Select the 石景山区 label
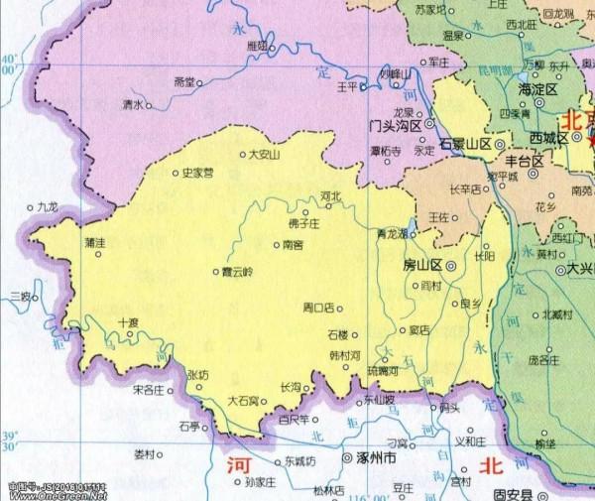click(x=465, y=144)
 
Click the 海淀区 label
click(x=538, y=89)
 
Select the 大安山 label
click(x=264, y=154)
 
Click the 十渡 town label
click(x=129, y=321)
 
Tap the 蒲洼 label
click(x=95, y=242)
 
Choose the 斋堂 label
click(x=184, y=81)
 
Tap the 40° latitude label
click(x=10, y=64)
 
